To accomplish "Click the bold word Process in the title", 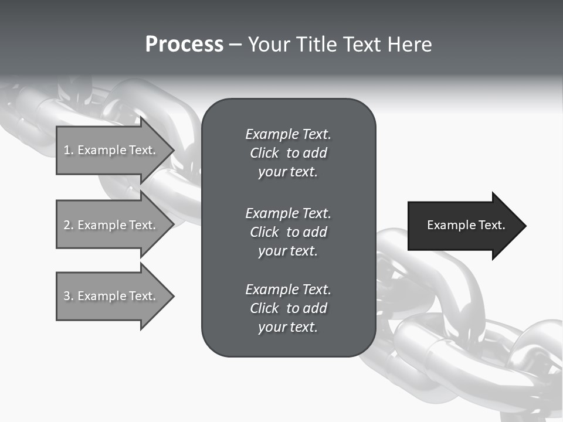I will (x=184, y=44).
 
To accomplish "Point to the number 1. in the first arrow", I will (x=68, y=150).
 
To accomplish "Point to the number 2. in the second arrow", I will (x=68, y=225).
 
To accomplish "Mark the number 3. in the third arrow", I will (x=68, y=296).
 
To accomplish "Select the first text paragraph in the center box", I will (x=288, y=153).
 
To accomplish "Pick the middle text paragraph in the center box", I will (x=288, y=232).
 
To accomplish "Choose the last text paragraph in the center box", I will (x=288, y=308).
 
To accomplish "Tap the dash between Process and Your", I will (x=235, y=45).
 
